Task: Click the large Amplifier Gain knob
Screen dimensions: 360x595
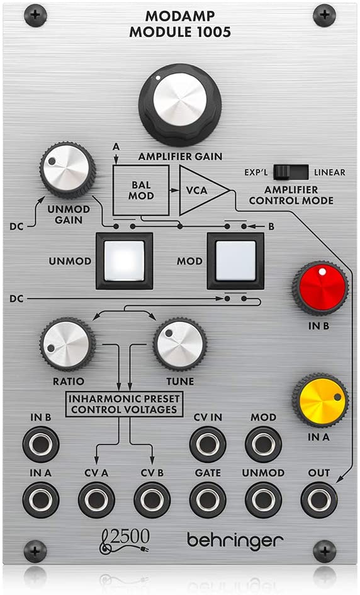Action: pos(180,104)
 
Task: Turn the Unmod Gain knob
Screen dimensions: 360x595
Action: pos(67,170)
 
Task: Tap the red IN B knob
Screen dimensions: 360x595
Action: pos(320,288)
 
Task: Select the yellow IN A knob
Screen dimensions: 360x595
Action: pos(320,400)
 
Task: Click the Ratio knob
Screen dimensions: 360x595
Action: pos(67,344)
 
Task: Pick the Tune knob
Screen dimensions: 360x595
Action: pos(180,344)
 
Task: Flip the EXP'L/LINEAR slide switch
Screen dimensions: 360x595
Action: pos(291,172)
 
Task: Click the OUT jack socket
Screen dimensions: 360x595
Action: pos(319,500)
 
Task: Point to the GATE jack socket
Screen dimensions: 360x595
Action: pos(208,500)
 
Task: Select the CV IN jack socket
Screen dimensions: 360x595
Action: pos(208,444)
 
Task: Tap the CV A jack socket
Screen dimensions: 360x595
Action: pos(96,500)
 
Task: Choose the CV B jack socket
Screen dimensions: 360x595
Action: pos(152,500)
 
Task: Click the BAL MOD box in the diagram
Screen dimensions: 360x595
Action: pos(141,190)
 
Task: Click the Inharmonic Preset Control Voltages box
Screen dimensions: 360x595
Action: pos(124,404)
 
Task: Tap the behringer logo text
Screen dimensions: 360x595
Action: pos(235,540)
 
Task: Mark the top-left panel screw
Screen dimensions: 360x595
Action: pos(35,15)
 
